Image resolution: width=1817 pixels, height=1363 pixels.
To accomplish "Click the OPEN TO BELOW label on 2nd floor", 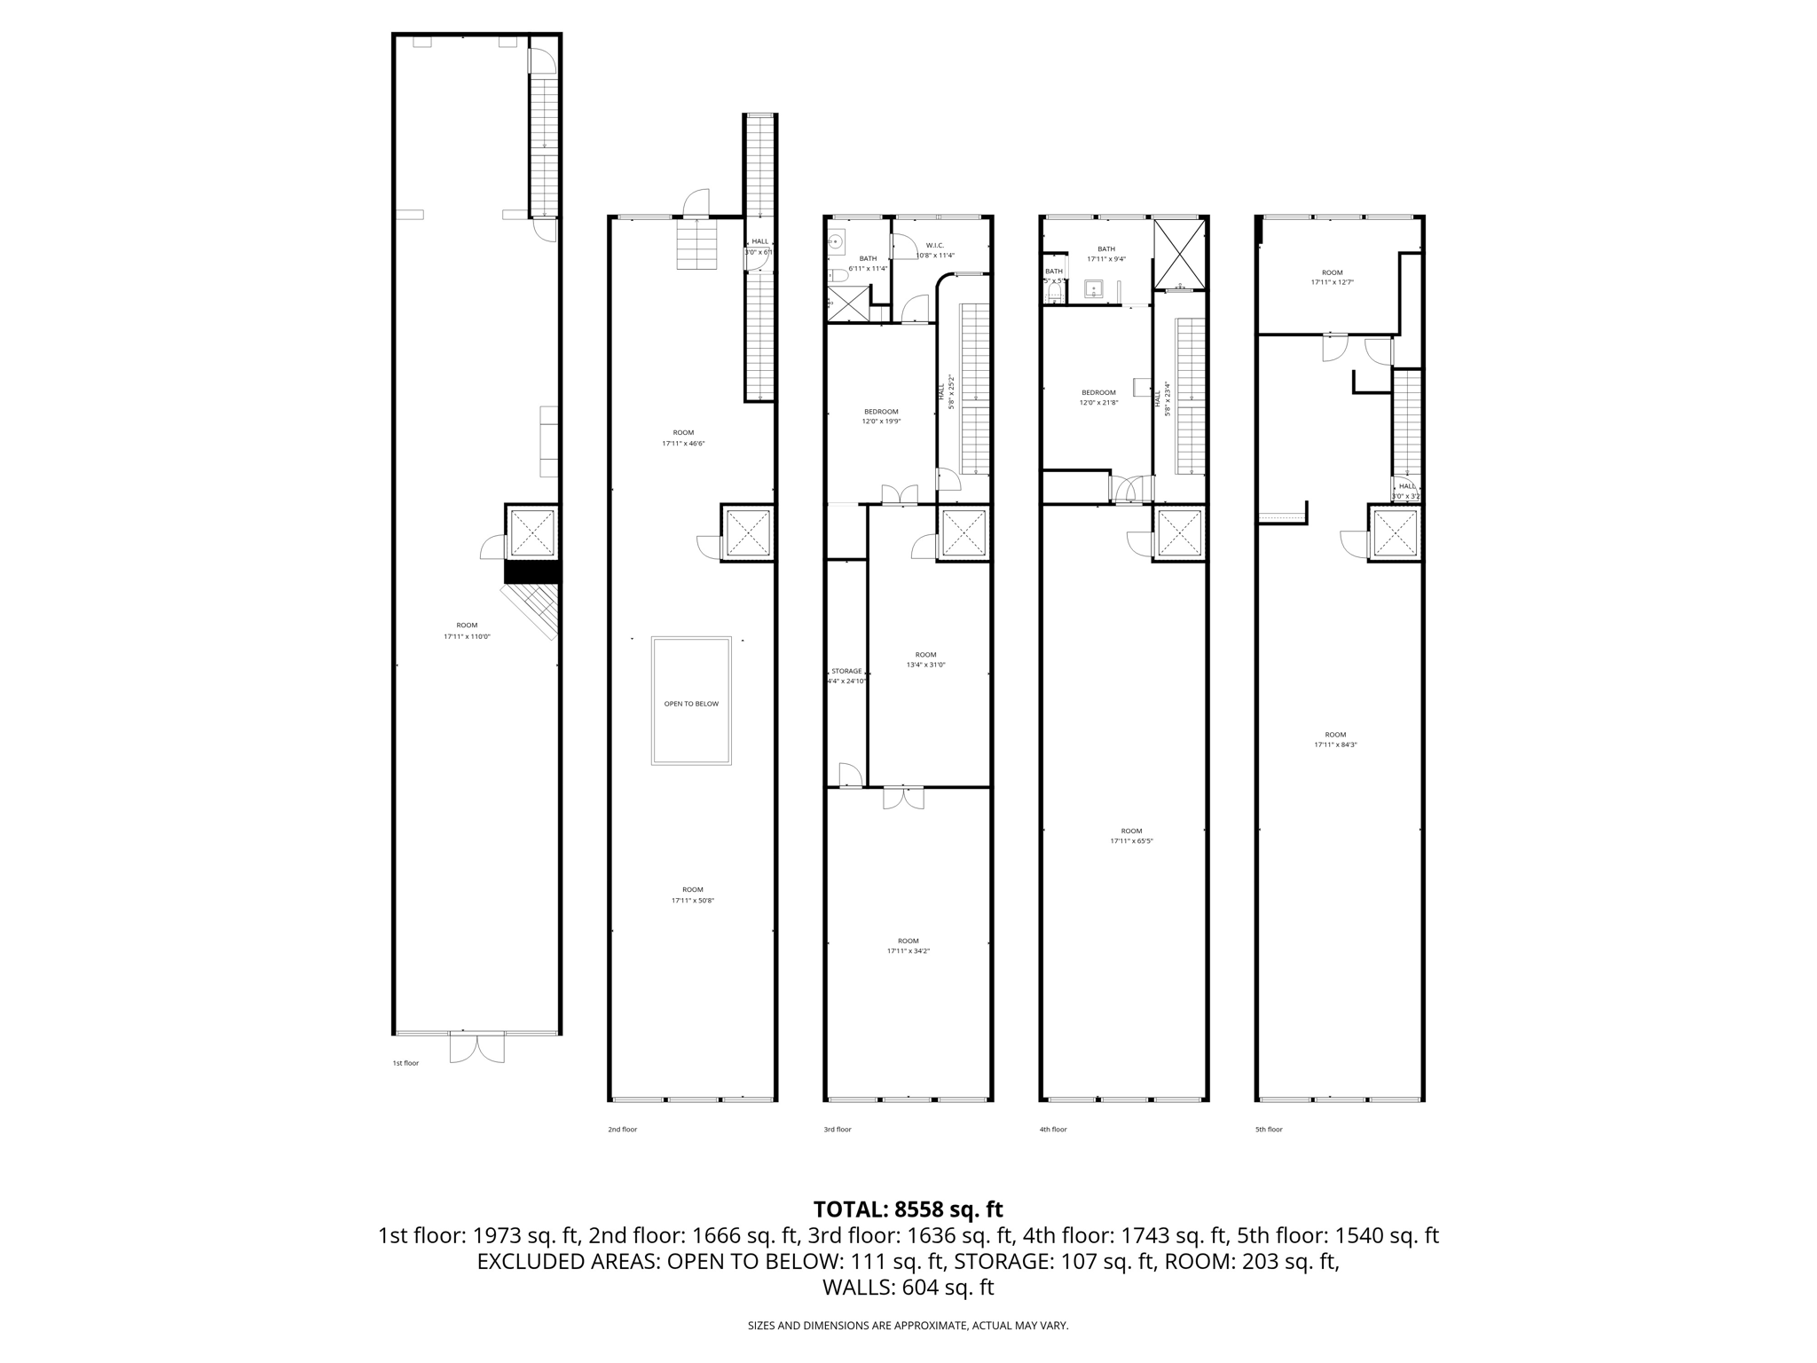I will point(691,704).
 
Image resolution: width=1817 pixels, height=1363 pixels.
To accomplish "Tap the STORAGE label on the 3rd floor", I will point(846,671).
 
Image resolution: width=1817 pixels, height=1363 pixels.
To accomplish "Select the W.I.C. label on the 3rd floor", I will point(934,245).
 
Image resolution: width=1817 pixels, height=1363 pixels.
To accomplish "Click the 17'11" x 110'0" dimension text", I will point(467,636).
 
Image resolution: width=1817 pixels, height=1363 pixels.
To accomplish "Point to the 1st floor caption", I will point(405,1063).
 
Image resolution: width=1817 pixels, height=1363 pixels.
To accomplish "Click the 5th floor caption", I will point(1269,1130).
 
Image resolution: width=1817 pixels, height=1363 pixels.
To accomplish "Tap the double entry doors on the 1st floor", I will point(476,1047).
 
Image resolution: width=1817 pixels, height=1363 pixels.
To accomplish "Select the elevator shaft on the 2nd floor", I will point(749,533).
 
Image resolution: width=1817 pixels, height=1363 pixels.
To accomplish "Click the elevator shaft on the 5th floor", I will point(1396,533).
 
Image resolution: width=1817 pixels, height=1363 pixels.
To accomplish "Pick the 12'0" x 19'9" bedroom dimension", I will point(881,422).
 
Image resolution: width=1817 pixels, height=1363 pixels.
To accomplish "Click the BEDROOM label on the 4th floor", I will point(1098,392).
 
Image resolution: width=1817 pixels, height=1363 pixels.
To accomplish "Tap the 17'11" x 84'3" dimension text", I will point(1335,745).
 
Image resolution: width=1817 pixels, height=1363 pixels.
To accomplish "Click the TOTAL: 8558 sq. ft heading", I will point(908,1209).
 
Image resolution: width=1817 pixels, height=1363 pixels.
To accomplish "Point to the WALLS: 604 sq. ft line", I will point(908,1288).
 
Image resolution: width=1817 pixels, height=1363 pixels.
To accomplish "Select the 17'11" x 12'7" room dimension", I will point(1333,282).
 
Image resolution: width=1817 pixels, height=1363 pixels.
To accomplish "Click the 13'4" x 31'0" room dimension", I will point(925,665).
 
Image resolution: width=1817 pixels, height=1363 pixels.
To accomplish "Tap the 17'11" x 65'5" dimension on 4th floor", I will point(1131,841).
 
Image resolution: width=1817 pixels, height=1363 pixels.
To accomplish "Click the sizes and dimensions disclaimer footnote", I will point(908,1326).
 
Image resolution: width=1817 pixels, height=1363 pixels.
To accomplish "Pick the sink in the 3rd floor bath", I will point(836,240).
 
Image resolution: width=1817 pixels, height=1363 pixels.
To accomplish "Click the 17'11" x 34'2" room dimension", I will point(908,951).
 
